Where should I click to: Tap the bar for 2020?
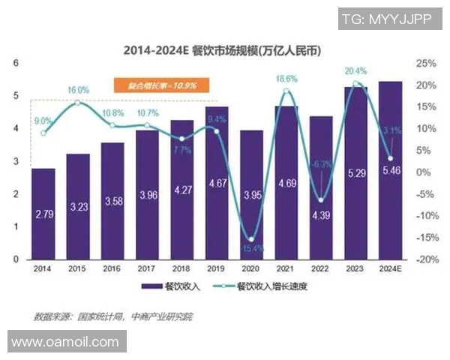point(251,195)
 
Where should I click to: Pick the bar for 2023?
point(355,172)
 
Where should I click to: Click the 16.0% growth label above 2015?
point(77,89)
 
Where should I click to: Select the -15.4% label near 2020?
point(251,247)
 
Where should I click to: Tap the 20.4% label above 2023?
point(355,71)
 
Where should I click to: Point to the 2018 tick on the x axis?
point(182,268)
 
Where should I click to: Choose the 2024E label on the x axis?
point(391,268)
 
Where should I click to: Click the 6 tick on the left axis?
point(16,64)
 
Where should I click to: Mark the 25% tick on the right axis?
point(424,64)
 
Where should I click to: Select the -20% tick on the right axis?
point(424,259)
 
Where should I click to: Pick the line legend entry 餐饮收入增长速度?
point(258,286)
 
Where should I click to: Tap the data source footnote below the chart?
point(112,316)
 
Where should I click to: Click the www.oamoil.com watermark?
point(65,342)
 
